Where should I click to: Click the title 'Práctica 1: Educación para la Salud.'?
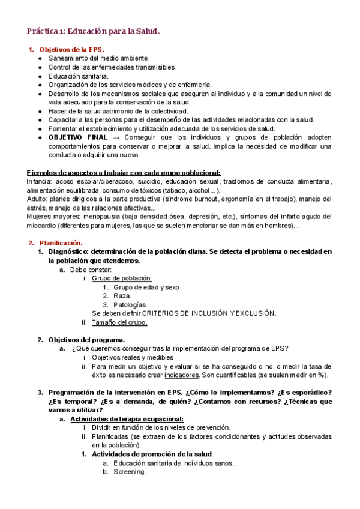[94, 31]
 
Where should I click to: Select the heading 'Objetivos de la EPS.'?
[71, 49]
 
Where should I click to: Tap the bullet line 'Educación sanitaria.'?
[79, 76]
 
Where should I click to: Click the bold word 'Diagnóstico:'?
[71, 251]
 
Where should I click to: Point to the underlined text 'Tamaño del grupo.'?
[119, 322]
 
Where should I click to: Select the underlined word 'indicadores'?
[182, 375]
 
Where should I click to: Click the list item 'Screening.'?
[129, 472]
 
